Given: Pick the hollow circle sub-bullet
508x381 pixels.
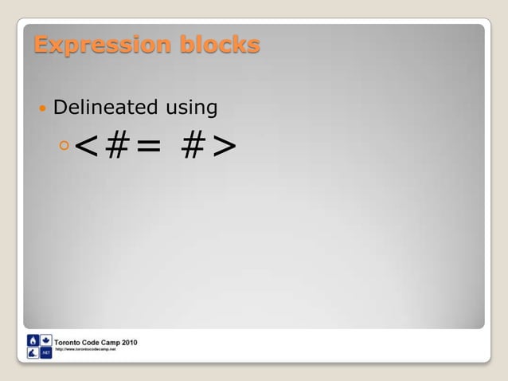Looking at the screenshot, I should pyautogui.click(x=64, y=145).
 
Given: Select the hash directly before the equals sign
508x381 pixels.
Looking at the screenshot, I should pyautogui.click(x=118, y=146).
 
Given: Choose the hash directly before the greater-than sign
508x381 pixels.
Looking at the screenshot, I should pyautogui.click(x=191, y=146).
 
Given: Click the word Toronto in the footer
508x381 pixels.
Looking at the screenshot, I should pyautogui.click(x=70, y=342).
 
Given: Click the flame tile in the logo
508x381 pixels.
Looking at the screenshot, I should pyautogui.click(x=33, y=340).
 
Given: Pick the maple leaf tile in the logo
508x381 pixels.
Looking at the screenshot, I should pyautogui.click(x=45, y=340).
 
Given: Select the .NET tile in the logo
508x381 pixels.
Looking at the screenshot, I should pyautogui.click(x=45, y=352).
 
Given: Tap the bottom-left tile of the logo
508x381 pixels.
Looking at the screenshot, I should pyautogui.click(x=33, y=352).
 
